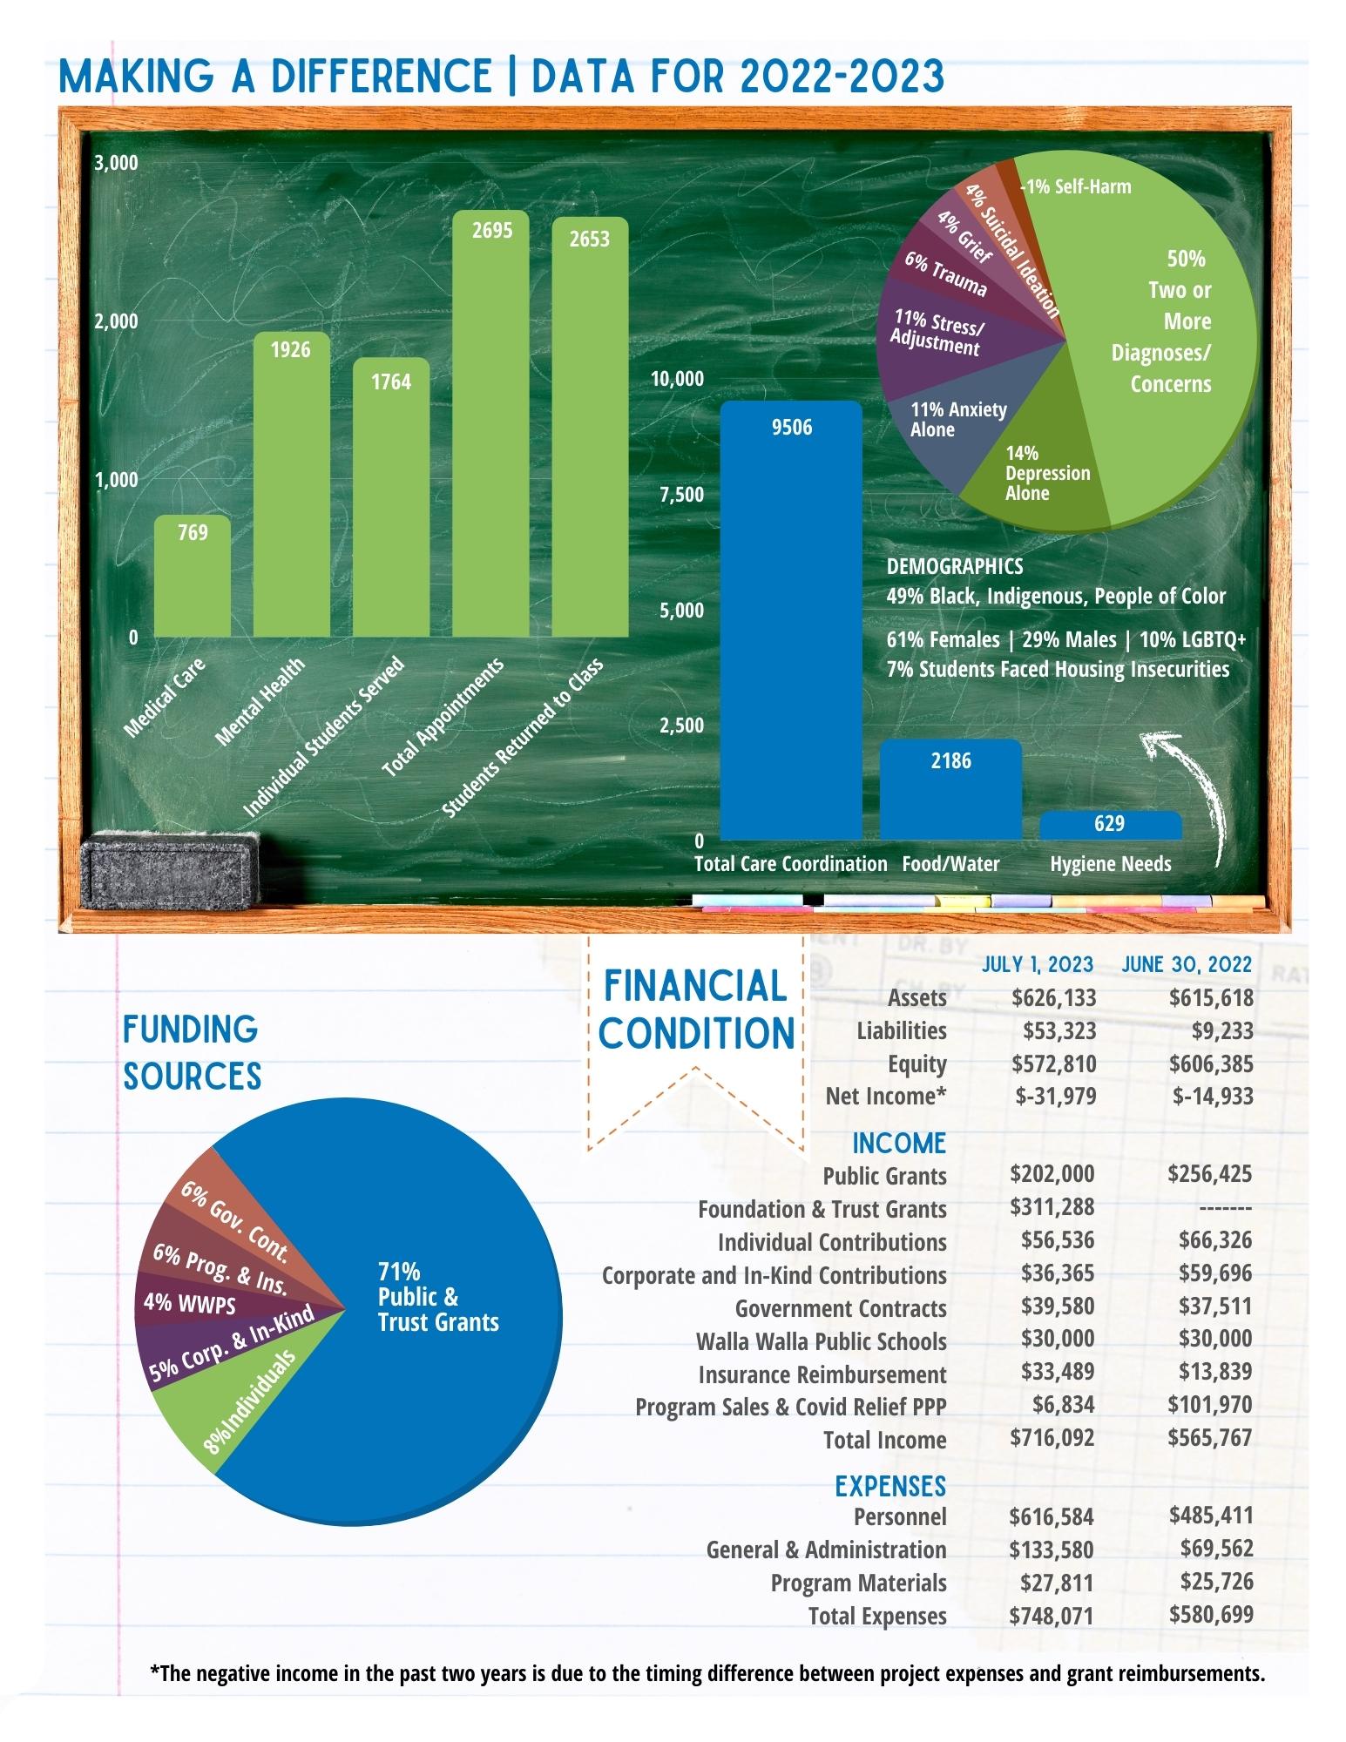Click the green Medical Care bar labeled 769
(193, 576)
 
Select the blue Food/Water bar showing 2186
(950, 789)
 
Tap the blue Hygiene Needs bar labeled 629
(1111, 826)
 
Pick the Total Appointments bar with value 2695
(490, 423)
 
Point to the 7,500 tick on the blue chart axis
(681, 495)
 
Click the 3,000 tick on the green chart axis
(116, 163)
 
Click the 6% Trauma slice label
(945, 274)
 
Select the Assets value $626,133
(1053, 997)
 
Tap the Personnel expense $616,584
(1052, 1516)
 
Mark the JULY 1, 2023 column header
(1037, 964)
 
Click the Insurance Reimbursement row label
(822, 1374)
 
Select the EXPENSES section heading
(890, 1485)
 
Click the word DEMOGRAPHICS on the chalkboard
(955, 566)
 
